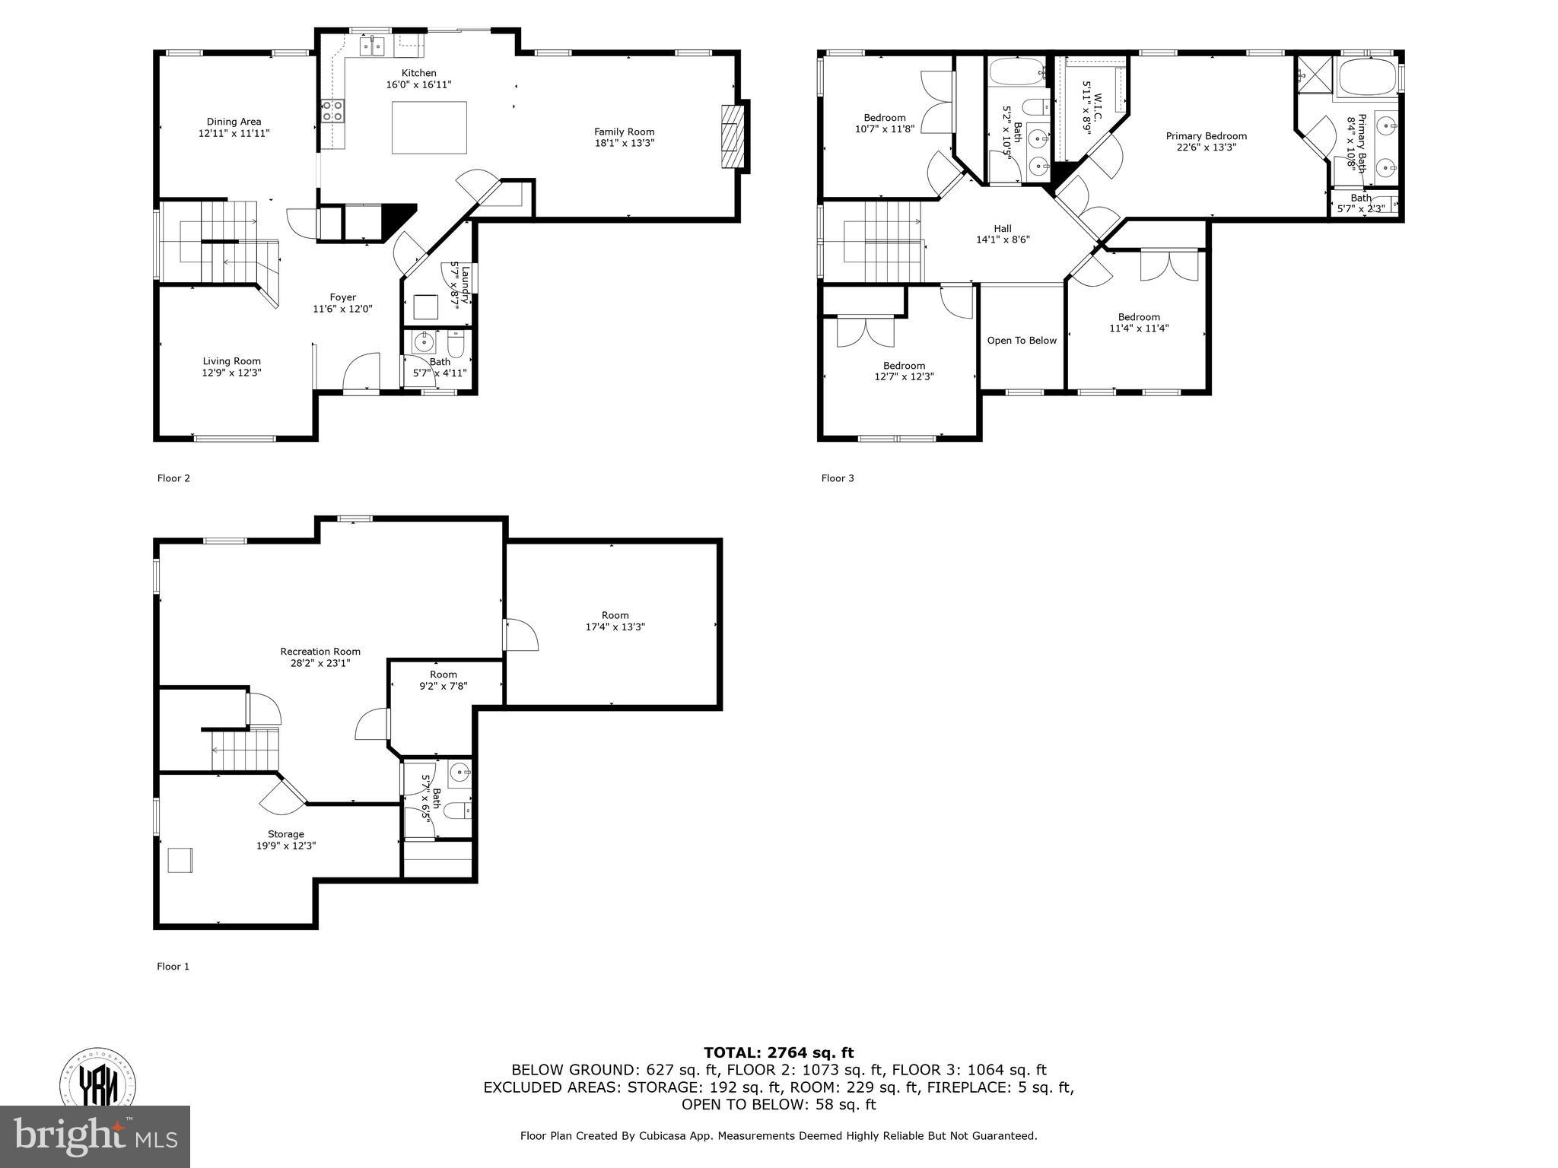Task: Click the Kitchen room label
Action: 418,74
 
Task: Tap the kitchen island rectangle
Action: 429,128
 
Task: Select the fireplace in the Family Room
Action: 730,137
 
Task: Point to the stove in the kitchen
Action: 333,112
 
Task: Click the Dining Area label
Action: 234,122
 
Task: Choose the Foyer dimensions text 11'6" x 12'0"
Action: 342,309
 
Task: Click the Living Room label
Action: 231,361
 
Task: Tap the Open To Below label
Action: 1022,341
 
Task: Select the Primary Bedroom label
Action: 1206,136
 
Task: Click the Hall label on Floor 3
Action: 1002,228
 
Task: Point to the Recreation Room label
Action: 320,652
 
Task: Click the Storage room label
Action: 285,834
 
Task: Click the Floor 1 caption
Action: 173,966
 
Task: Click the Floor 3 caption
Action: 838,478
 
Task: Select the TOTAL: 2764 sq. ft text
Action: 778,1053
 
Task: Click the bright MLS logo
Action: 95,1136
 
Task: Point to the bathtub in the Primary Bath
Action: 1368,78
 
